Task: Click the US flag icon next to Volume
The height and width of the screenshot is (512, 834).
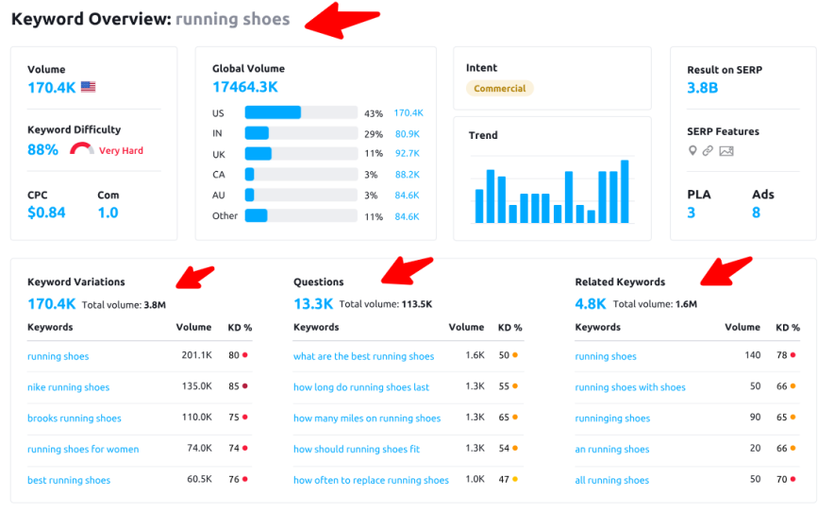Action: tap(88, 87)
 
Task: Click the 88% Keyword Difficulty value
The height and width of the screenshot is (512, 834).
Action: tap(43, 149)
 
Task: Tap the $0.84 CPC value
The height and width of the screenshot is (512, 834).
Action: tap(46, 213)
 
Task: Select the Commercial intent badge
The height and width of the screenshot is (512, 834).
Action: tap(499, 88)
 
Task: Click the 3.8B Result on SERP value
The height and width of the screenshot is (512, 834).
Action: tap(702, 88)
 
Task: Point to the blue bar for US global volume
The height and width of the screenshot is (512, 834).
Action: tap(273, 112)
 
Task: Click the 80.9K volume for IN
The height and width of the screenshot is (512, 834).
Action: tap(407, 133)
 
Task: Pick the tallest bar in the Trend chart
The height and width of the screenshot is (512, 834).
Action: tap(625, 192)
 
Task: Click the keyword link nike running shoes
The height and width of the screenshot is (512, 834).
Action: tap(68, 387)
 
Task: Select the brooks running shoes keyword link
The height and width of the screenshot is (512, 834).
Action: tap(74, 418)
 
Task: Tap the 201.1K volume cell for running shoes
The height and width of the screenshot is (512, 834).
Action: tap(196, 356)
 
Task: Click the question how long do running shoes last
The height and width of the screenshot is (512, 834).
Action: tap(361, 387)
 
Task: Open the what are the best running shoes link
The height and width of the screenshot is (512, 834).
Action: tap(363, 356)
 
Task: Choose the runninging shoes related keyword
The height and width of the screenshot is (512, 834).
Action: tap(612, 418)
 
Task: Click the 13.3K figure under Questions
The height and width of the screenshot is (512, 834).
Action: tap(313, 304)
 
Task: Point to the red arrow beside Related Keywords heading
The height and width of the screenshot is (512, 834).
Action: tap(726, 270)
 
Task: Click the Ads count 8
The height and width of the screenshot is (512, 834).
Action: tap(756, 213)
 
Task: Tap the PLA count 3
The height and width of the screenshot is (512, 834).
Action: tap(691, 213)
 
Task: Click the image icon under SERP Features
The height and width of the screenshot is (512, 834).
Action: tap(726, 151)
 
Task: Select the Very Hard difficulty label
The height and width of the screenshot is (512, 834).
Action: tap(121, 150)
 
